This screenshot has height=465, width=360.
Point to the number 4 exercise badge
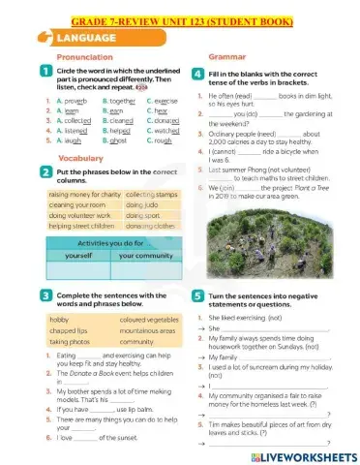197,74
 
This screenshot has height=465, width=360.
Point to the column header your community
143,258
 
